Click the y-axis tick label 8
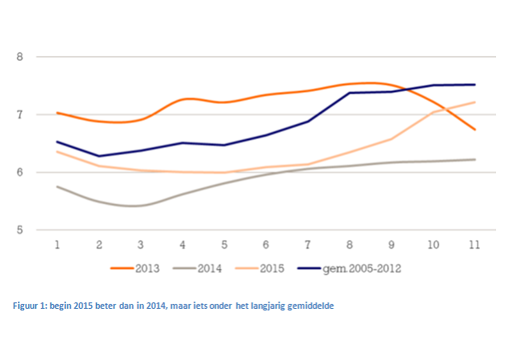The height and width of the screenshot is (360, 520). point(19,57)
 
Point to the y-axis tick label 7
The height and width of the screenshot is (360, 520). point(19,115)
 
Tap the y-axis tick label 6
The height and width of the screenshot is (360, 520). point(19,172)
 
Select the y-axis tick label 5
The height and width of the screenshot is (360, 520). point(19,230)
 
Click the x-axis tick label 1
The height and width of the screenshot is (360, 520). point(57,245)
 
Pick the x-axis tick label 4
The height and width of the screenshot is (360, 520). point(182,245)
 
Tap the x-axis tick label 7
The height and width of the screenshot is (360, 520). point(307,245)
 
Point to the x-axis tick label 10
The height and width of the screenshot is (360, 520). point(433,245)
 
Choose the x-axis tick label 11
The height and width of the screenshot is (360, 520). point(474,245)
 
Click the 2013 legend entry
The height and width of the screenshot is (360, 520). point(135,268)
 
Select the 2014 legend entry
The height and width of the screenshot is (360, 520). point(198,268)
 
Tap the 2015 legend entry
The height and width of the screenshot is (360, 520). point(260,268)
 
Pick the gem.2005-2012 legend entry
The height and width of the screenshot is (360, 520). point(350,268)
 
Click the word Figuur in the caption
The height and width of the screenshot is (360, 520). point(26,306)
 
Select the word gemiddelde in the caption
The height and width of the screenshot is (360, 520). point(310,306)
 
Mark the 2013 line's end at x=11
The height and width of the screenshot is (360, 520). point(475,130)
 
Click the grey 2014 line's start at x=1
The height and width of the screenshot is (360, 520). point(57,186)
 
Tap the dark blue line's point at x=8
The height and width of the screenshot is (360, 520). point(350,93)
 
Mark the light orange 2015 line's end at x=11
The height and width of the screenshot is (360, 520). point(475,102)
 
